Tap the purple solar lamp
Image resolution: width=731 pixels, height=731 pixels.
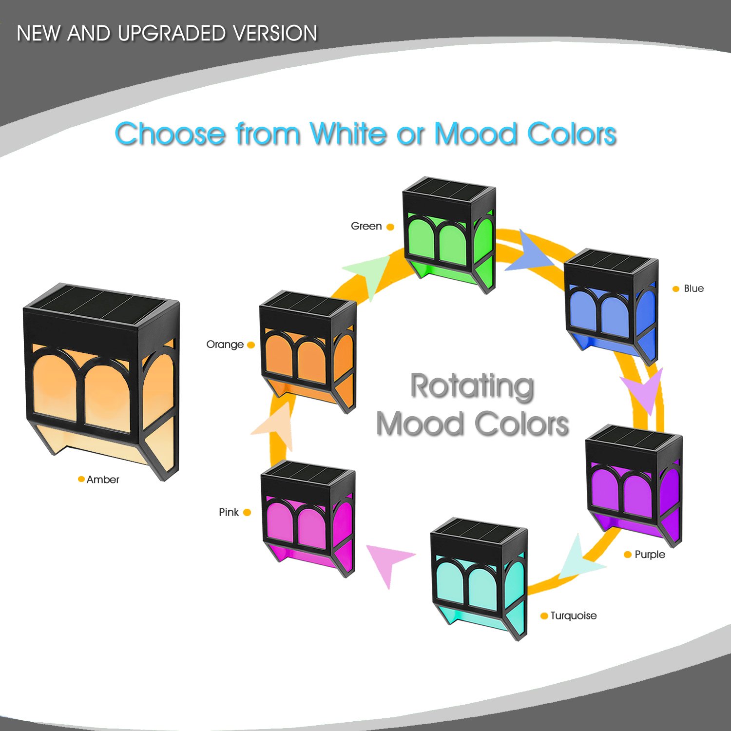(634, 482)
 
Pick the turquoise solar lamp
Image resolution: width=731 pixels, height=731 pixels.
(479, 577)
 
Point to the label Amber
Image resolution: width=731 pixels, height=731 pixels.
(103, 480)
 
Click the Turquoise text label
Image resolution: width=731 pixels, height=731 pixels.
(574, 616)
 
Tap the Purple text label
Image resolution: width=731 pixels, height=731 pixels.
(650, 555)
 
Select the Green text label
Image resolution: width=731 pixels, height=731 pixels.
(366, 226)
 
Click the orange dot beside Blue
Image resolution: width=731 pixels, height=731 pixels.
(676, 289)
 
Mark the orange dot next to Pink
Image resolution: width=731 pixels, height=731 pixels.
(247, 512)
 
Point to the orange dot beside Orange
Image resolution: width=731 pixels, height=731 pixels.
(251, 345)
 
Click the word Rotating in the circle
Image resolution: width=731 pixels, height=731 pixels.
(472, 386)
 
